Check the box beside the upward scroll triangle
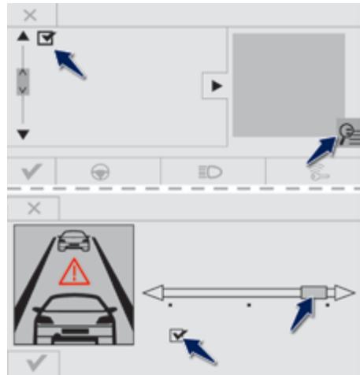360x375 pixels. point(46,38)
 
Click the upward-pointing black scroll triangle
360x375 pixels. point(23,36)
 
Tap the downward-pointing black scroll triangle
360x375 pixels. point(23,134)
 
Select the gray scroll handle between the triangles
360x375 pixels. point(23,81)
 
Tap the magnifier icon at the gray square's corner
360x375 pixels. point(347,132)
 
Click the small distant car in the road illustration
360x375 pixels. point(74,238)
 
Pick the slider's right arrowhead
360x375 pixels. point(344,292)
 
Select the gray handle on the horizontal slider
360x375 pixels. point(312,292)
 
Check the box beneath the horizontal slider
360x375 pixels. point(177,336)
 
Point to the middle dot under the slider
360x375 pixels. point(249,304)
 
